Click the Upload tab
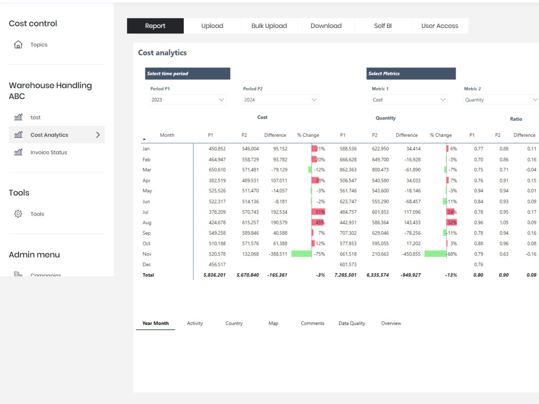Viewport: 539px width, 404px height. pyautogui.click(x=212, y=26)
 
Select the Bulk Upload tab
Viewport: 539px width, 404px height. pyautogui.click(x=269, y=26)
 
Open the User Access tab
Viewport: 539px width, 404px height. pyautogui.click(x=440, y=26)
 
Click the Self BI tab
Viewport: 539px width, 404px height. pyautogui.click(x=383, y=26)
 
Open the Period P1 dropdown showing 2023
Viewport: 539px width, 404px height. pyautogui.click(x=188, y=100)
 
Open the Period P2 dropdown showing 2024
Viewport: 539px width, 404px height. pyautogui.click(x=280, y=100)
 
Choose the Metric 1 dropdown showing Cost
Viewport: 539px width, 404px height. pyautogui.click(x=409, y=100)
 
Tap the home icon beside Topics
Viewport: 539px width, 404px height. pyautogui.click(x=18, y=45)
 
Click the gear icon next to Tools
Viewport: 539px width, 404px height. pyautogui.click(x=18, y=214)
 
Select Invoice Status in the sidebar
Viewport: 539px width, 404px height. pyautogui.click(x=49, y=152)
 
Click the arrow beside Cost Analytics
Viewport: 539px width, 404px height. pyautogui.click(x=98, y=135)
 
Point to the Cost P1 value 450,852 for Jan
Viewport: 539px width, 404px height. pyautogui.click(x=217, y=149)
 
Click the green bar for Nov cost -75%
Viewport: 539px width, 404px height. pyautogui.click(x=301, y=254)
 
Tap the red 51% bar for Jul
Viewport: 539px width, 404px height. pyautogui.click(x=319, y=212)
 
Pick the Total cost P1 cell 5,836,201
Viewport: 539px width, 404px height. pyautogui.click(x=215, y=275)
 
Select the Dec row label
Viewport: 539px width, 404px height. pyautogui.click(x=147, y=264)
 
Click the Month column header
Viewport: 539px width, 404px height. pyautogui.click(x=167, y=135)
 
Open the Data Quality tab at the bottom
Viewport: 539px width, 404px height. pyautogui.click(x=351, y=323)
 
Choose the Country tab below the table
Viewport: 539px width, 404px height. pyautogui.click(x=234, y=323)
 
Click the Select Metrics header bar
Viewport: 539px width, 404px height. pyautogui.click(x=411, y=73)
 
